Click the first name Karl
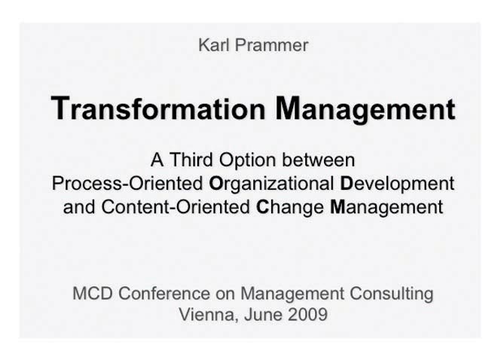214,45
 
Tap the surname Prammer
271,45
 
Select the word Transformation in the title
158,108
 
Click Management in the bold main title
365,109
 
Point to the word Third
191,160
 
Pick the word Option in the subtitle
247,160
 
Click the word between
318,160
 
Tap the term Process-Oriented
127,183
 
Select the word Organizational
271,184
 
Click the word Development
397,184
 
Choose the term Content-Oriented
176,206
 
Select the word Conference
164,293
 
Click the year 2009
307,314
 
